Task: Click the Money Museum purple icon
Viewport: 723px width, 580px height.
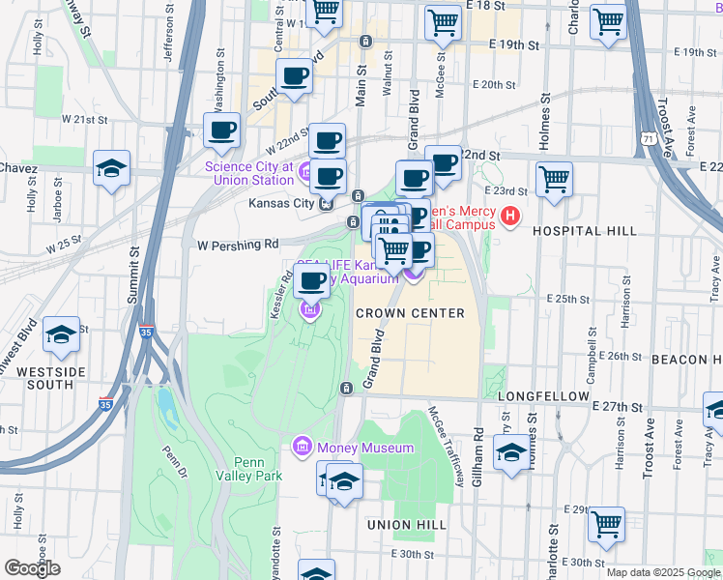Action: pos(301,448)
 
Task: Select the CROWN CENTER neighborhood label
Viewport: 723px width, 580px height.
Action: pos(410,313)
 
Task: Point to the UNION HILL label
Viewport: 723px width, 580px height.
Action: pos(406,524)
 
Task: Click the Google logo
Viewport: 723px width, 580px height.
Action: pos(32,568)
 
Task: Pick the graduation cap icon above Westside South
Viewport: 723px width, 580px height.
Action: pos(62,333)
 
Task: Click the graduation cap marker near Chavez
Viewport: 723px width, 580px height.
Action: pos(112,167)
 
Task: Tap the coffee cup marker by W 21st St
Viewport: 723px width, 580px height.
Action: pos(221,130)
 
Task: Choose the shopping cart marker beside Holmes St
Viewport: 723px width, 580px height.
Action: pos(554,178)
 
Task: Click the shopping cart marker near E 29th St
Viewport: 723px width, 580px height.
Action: pos(606,524)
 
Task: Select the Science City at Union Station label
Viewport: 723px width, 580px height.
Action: pos(249,172)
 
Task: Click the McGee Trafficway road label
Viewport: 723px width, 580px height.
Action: pos(446,443)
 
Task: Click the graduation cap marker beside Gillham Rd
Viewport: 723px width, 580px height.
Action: pos(510,451)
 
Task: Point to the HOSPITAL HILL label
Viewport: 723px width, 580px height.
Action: pos(586,232)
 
